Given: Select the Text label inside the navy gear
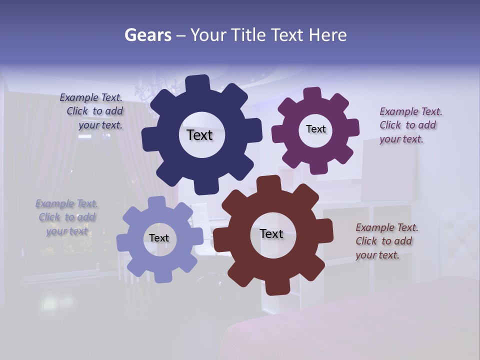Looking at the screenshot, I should click(199, 135).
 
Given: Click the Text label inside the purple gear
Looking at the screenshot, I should click(315, 129).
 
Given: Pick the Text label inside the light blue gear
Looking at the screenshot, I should click(159, 238).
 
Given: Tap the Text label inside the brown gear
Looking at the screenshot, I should click(271, 233).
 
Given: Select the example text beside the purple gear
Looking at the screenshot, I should click(409, 125).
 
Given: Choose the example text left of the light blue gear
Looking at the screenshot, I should click(66, 217).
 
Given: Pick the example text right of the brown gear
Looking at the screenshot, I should click(386, 241).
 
